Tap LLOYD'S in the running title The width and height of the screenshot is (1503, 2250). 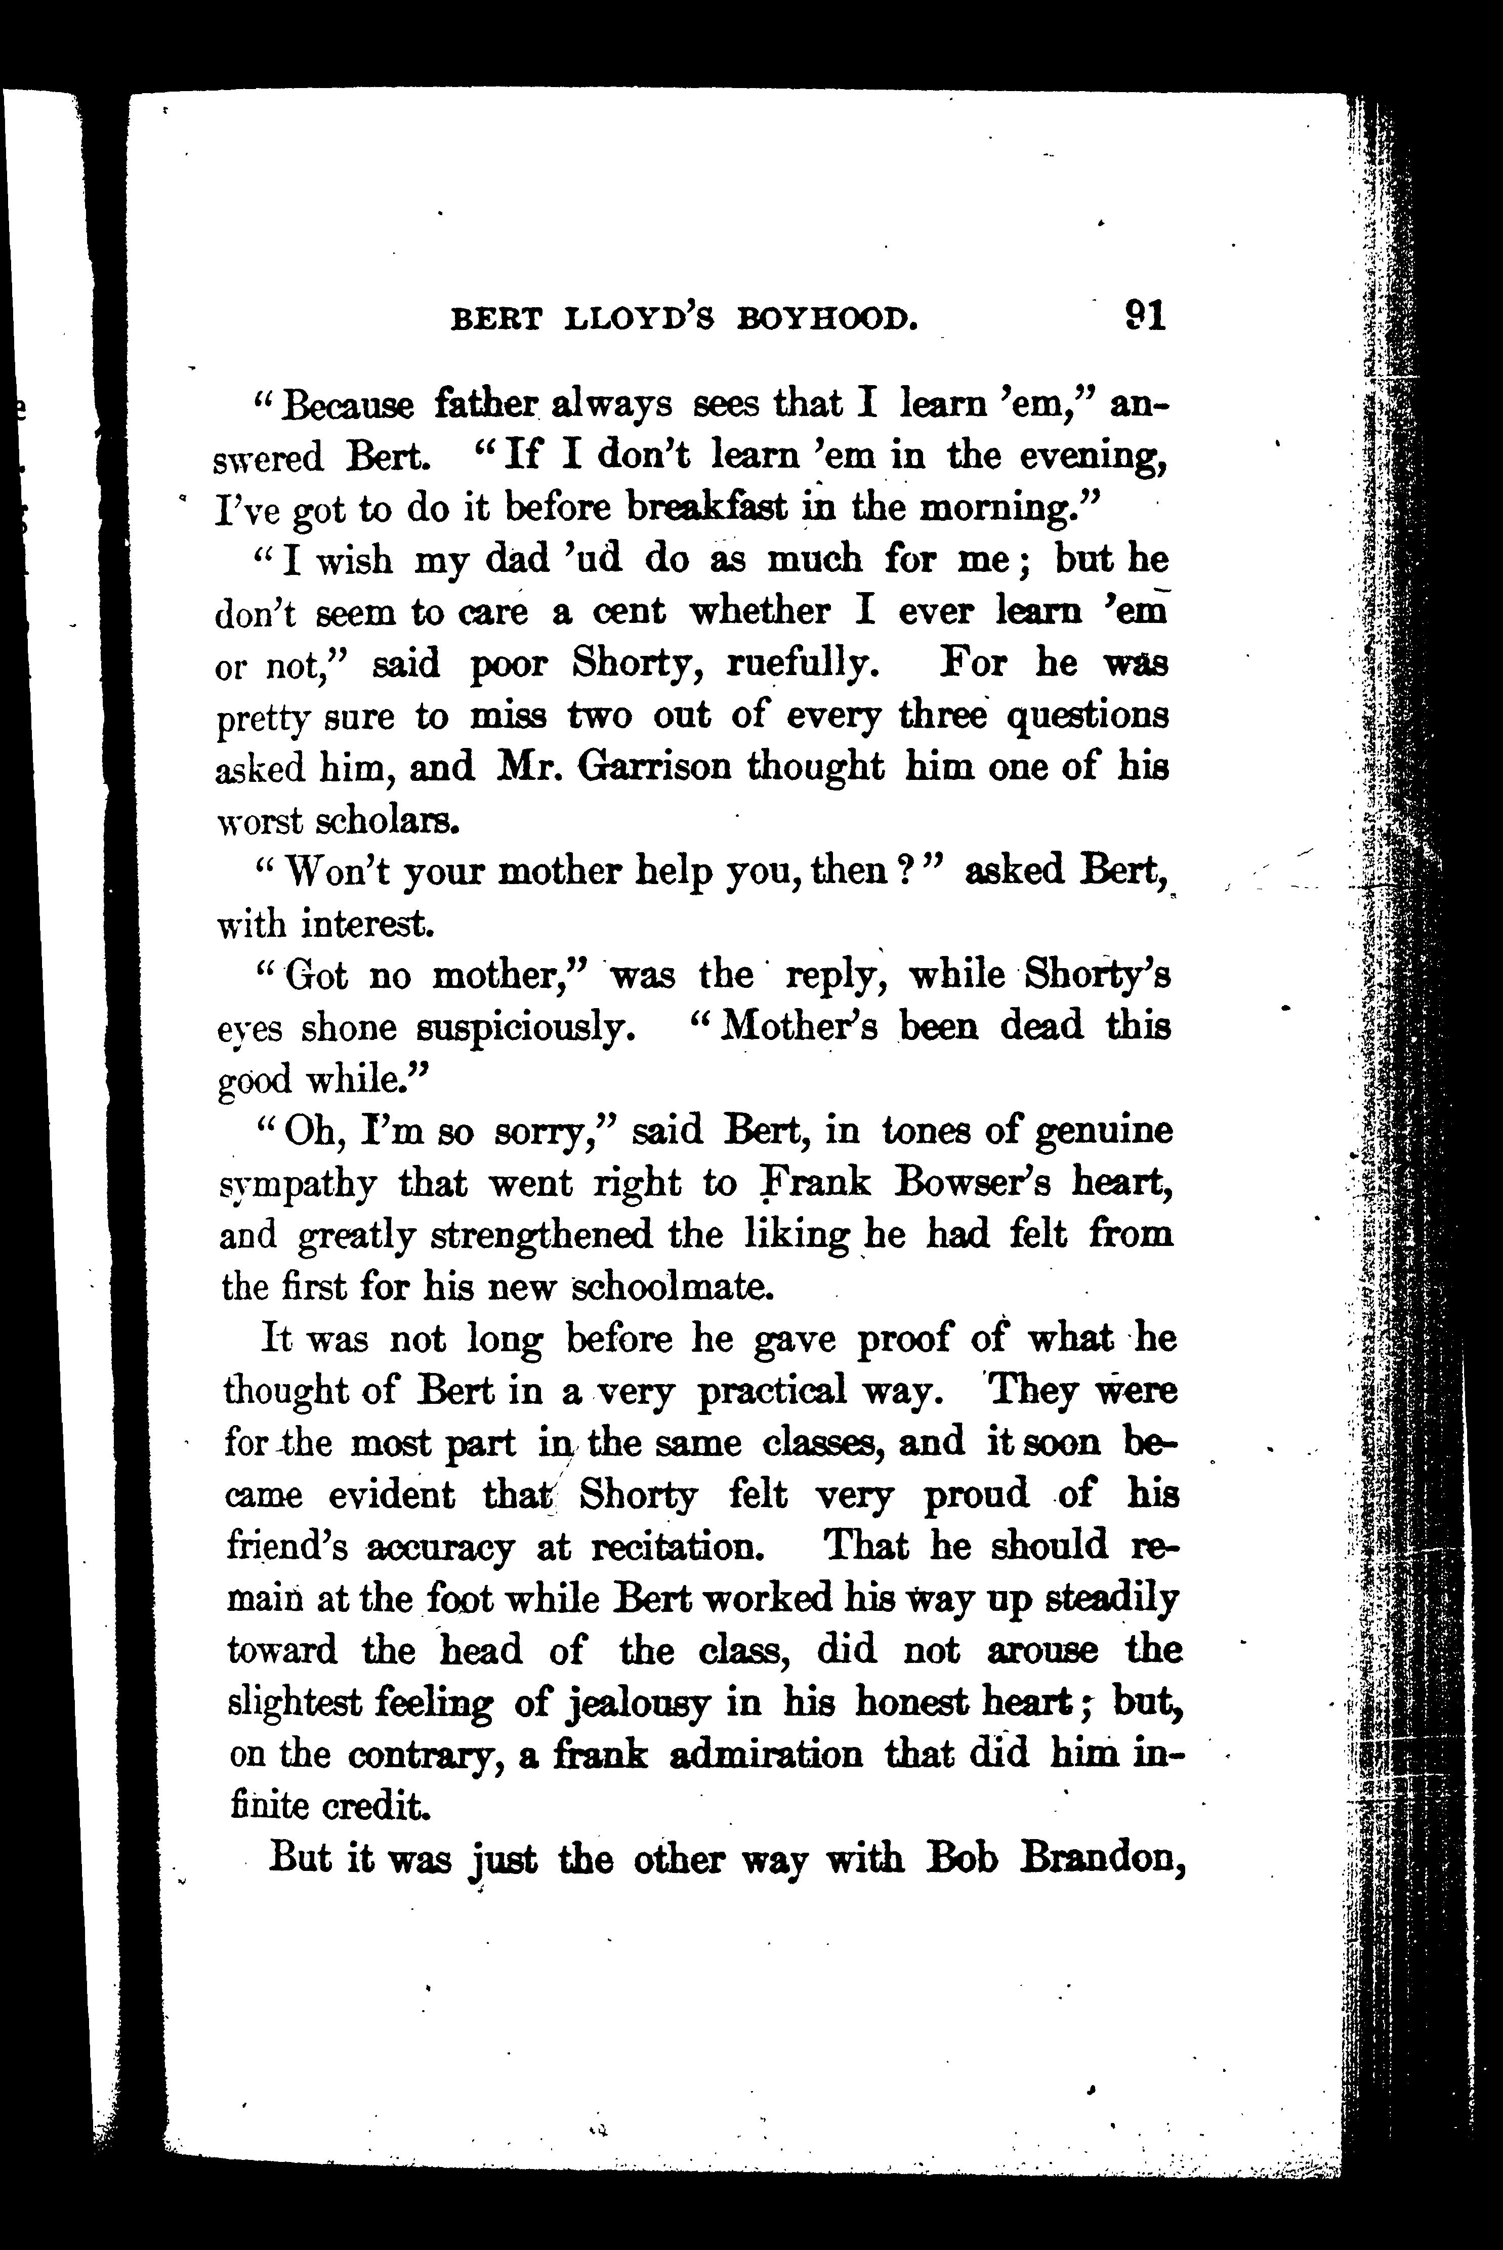(x=638, y=319)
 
